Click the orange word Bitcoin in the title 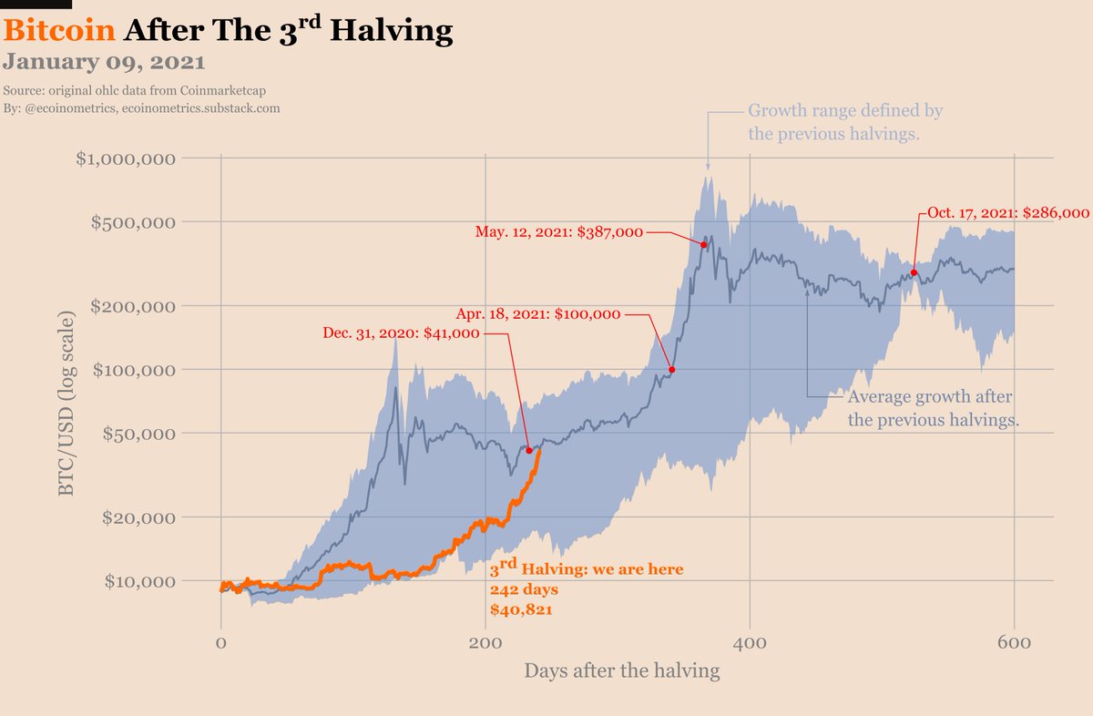point(59,31)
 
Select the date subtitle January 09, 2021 point(104,63)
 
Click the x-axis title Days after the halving point(621,671)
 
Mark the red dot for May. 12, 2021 point(704,244)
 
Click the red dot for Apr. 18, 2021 point(672,370)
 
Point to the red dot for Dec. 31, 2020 point(529,450)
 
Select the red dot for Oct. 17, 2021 point(914,272)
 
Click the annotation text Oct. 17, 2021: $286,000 point(1008,212)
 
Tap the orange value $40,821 point(521,609)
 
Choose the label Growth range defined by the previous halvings point(844,123)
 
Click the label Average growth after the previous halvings point(932,409)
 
